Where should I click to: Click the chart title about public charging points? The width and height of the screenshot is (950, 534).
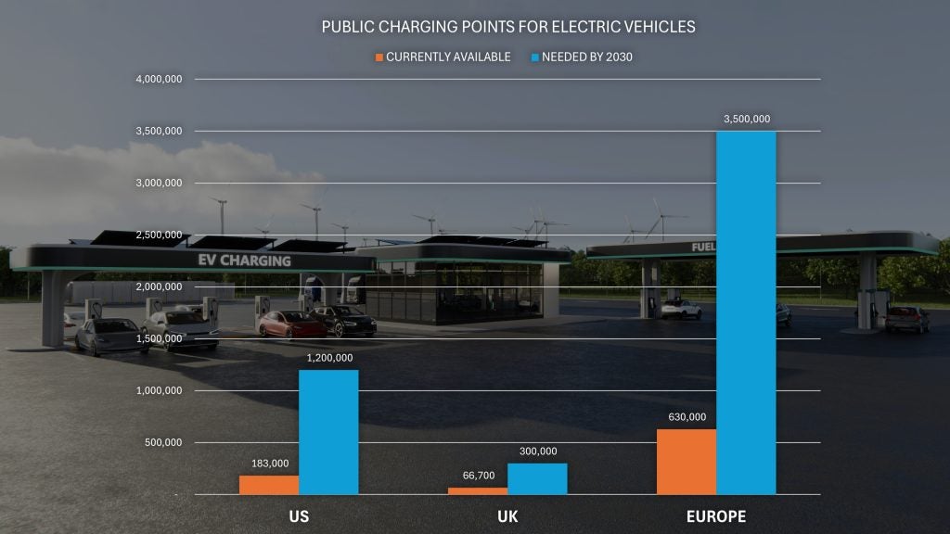tap(507, 27)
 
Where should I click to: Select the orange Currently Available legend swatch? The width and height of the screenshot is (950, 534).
tap(379, 57)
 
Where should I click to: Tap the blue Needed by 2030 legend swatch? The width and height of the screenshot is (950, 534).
tap(534, 57)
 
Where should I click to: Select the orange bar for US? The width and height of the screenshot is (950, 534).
tap(269, 485)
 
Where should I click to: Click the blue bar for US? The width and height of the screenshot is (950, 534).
tap(328, 432)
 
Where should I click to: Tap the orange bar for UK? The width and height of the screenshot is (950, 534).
tap(478, 490)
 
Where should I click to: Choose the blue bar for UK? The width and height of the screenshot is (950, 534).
tap(537, 478)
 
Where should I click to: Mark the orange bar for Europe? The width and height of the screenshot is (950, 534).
tap(687, 462)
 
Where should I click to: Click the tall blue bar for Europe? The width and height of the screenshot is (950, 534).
tap(746, 312)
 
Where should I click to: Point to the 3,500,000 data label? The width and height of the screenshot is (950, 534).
tap(746, 119)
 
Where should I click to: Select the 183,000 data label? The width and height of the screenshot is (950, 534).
tap(270, 464)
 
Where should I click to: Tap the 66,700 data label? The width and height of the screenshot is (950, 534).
tap(478, 476)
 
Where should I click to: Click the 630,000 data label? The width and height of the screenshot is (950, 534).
tap(687, 417)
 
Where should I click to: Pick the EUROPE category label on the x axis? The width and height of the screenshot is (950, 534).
tap(716, 516)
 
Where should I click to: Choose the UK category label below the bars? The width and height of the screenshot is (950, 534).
tap(507, 516)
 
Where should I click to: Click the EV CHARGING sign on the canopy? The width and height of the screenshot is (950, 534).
tap(245, 261)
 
